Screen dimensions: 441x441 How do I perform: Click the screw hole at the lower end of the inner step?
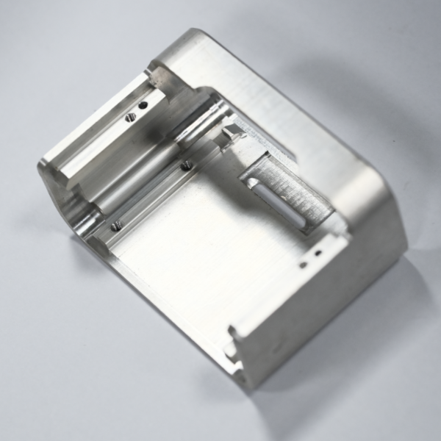[115, 226]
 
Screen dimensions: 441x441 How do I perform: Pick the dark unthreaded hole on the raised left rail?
[143, 105]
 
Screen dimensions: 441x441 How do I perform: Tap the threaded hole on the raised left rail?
[130, 115]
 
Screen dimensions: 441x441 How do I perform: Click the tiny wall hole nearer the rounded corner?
[318, 252]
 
